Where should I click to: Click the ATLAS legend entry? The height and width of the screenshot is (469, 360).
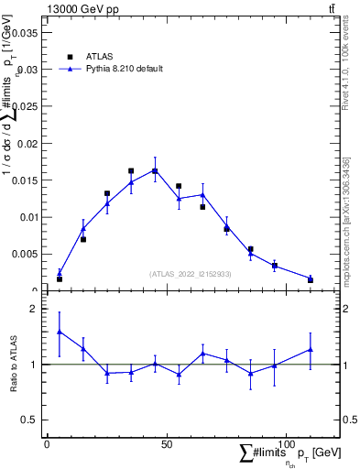pos(99,56)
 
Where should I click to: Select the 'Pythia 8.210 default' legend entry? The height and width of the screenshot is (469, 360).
pos(124,69)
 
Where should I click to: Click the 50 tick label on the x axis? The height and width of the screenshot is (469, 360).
pos(166,444)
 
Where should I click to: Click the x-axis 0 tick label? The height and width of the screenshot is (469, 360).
pos(47,444)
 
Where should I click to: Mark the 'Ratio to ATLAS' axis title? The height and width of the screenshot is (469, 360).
pos(13,364)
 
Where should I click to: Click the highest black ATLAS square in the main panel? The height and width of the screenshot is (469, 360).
pos(155,170)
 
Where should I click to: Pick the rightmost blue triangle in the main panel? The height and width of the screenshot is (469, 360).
pos(311,278)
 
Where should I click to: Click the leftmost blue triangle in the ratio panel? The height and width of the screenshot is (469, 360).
pos(60,332)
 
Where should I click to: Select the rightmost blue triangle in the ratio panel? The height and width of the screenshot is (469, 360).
pos(311,349)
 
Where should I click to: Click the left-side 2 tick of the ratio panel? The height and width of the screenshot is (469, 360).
pos(33,309)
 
